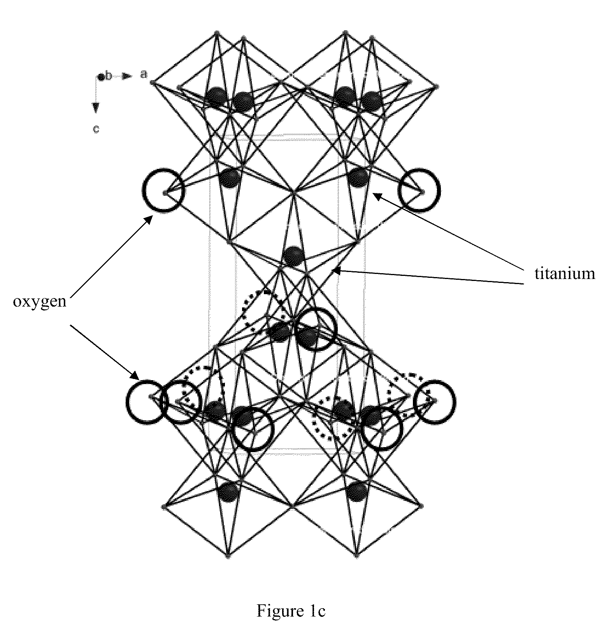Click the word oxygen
click(39, 302)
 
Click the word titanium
click(565, 274)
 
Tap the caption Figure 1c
click(291, 611)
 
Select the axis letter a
click(144, 74)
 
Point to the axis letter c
click(96, 129)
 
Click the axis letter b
click(109, 76)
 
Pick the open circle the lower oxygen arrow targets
click(145, 402)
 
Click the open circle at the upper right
click(419, 190)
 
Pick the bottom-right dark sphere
click(357, 491)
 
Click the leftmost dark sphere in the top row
click(216, 98)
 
